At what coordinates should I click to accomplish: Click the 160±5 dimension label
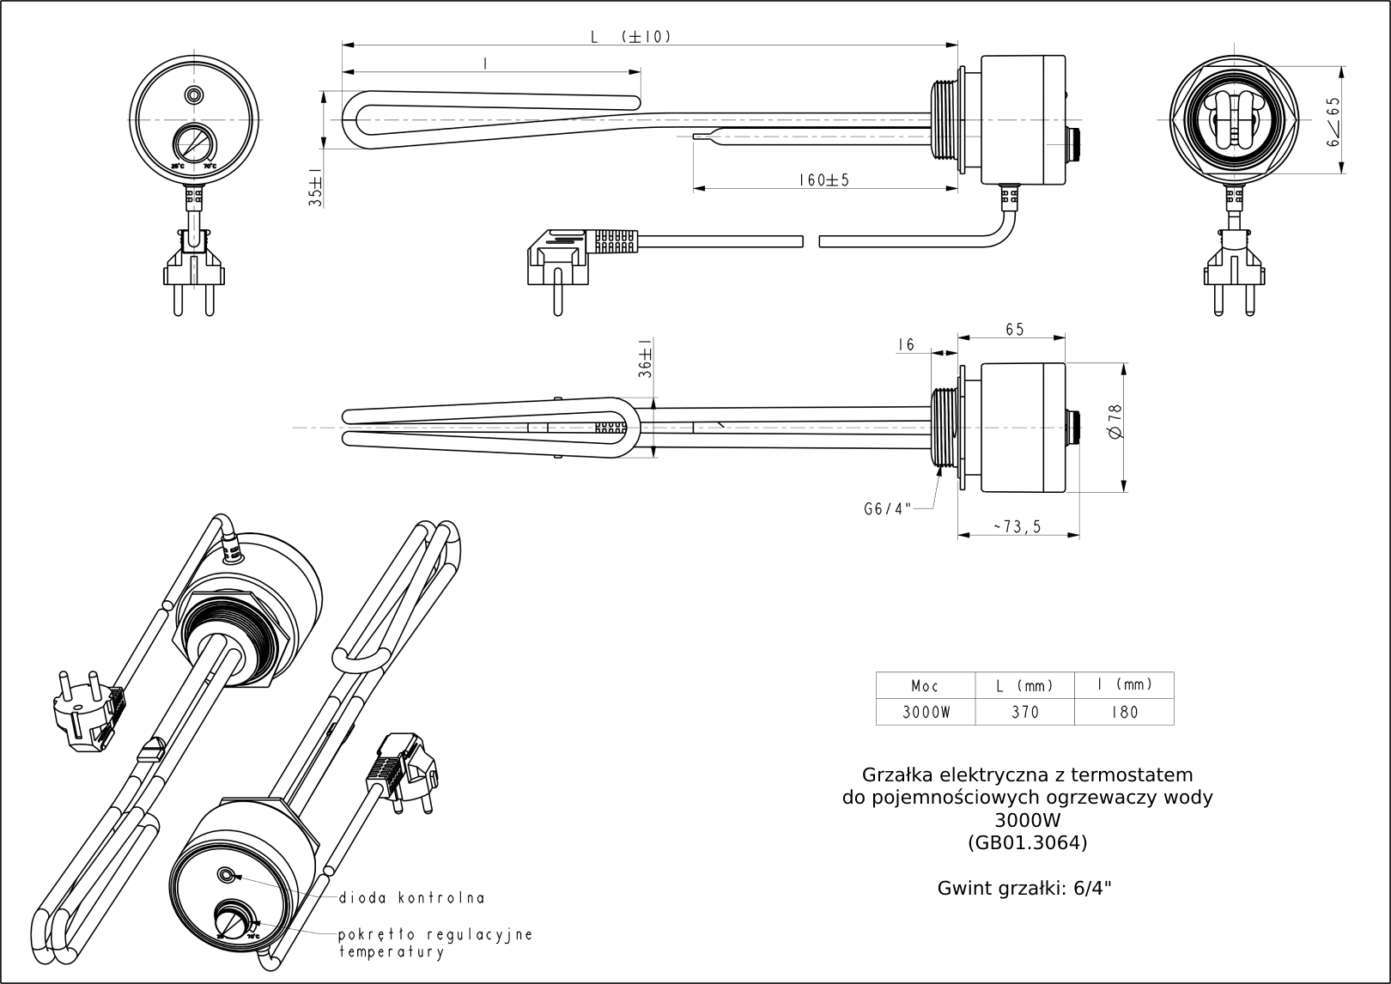[823, 180]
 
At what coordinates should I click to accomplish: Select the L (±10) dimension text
[630, 37]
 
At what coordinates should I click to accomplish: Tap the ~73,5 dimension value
[1017, 527]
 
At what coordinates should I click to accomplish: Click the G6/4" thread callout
[887, 508]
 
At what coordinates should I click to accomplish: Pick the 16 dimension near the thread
[906, 344]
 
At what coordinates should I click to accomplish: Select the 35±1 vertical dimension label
[316, 188]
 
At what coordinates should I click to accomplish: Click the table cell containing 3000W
[926, 712]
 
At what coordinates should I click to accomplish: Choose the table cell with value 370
[1025, 712]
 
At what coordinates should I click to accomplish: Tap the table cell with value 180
[1124, 712]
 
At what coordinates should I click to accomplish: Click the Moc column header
[926, 686]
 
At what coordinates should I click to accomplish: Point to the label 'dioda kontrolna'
[411, 898]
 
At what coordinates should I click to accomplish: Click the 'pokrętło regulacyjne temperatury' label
[435, 943]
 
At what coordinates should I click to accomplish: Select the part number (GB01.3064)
[1027, 842]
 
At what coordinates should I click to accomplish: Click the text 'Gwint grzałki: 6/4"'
[1024, 889]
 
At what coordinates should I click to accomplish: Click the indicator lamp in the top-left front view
[195, 94]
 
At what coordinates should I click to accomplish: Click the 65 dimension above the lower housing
[1014, 329]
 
